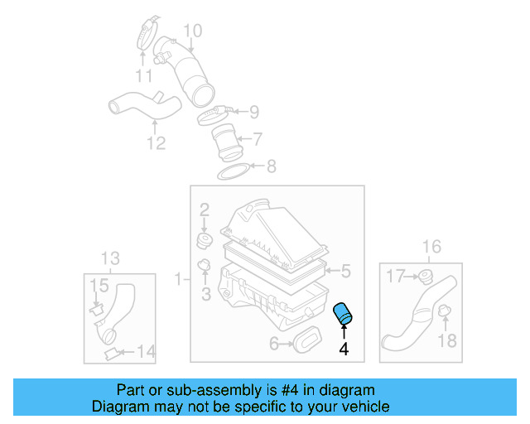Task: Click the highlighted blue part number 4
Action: [x=342, y=315]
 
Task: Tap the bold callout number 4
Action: [x=344, y=350]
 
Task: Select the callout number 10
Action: [x=192, y=31]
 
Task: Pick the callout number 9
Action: [x=254, y=112]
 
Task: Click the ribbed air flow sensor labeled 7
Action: [x=224, y=141]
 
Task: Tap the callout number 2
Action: [x=204, y=211]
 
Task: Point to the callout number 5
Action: [x=346, y=271]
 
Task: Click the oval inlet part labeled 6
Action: [x=308, y=339]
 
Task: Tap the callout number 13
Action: [x=110, y=258]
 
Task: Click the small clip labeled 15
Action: [x=97, y=309]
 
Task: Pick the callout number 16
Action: [x=431, y=247]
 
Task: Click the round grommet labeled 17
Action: [x=426, y=276]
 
